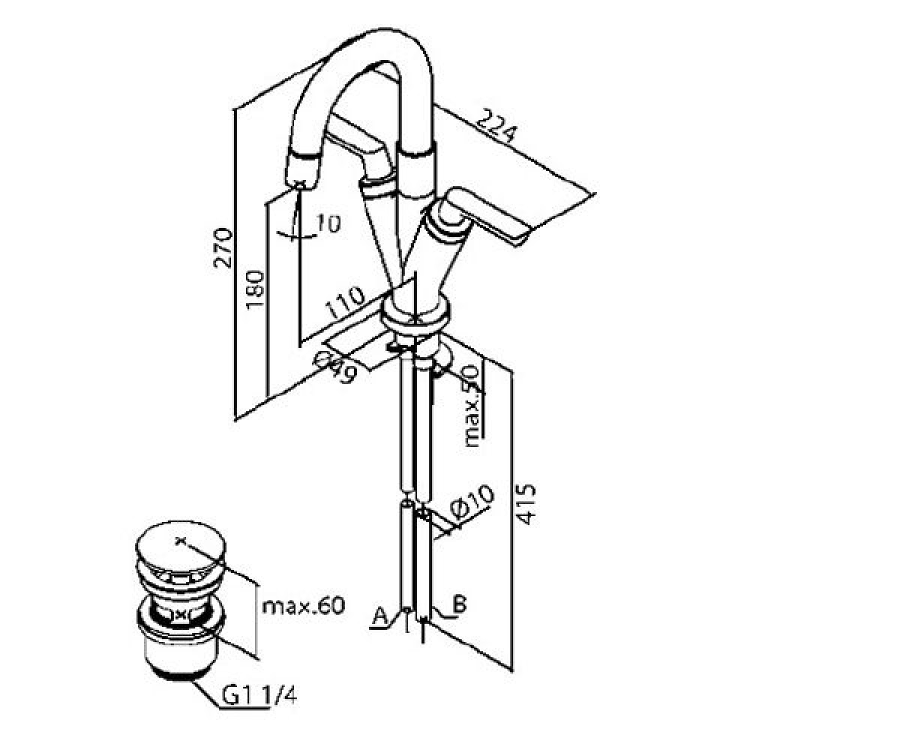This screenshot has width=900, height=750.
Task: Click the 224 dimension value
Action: [496, 126]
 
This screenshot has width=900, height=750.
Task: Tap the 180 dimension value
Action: [255, 289]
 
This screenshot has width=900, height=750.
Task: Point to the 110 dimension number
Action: [344, 301]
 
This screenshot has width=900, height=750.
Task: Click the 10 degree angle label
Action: [328, 223]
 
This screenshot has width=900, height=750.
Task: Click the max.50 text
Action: [472, 406]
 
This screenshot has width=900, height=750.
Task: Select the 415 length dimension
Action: [526, 504]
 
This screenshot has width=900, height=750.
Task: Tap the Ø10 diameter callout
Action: [472, 503]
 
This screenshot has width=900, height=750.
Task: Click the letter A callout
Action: [379, 616]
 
